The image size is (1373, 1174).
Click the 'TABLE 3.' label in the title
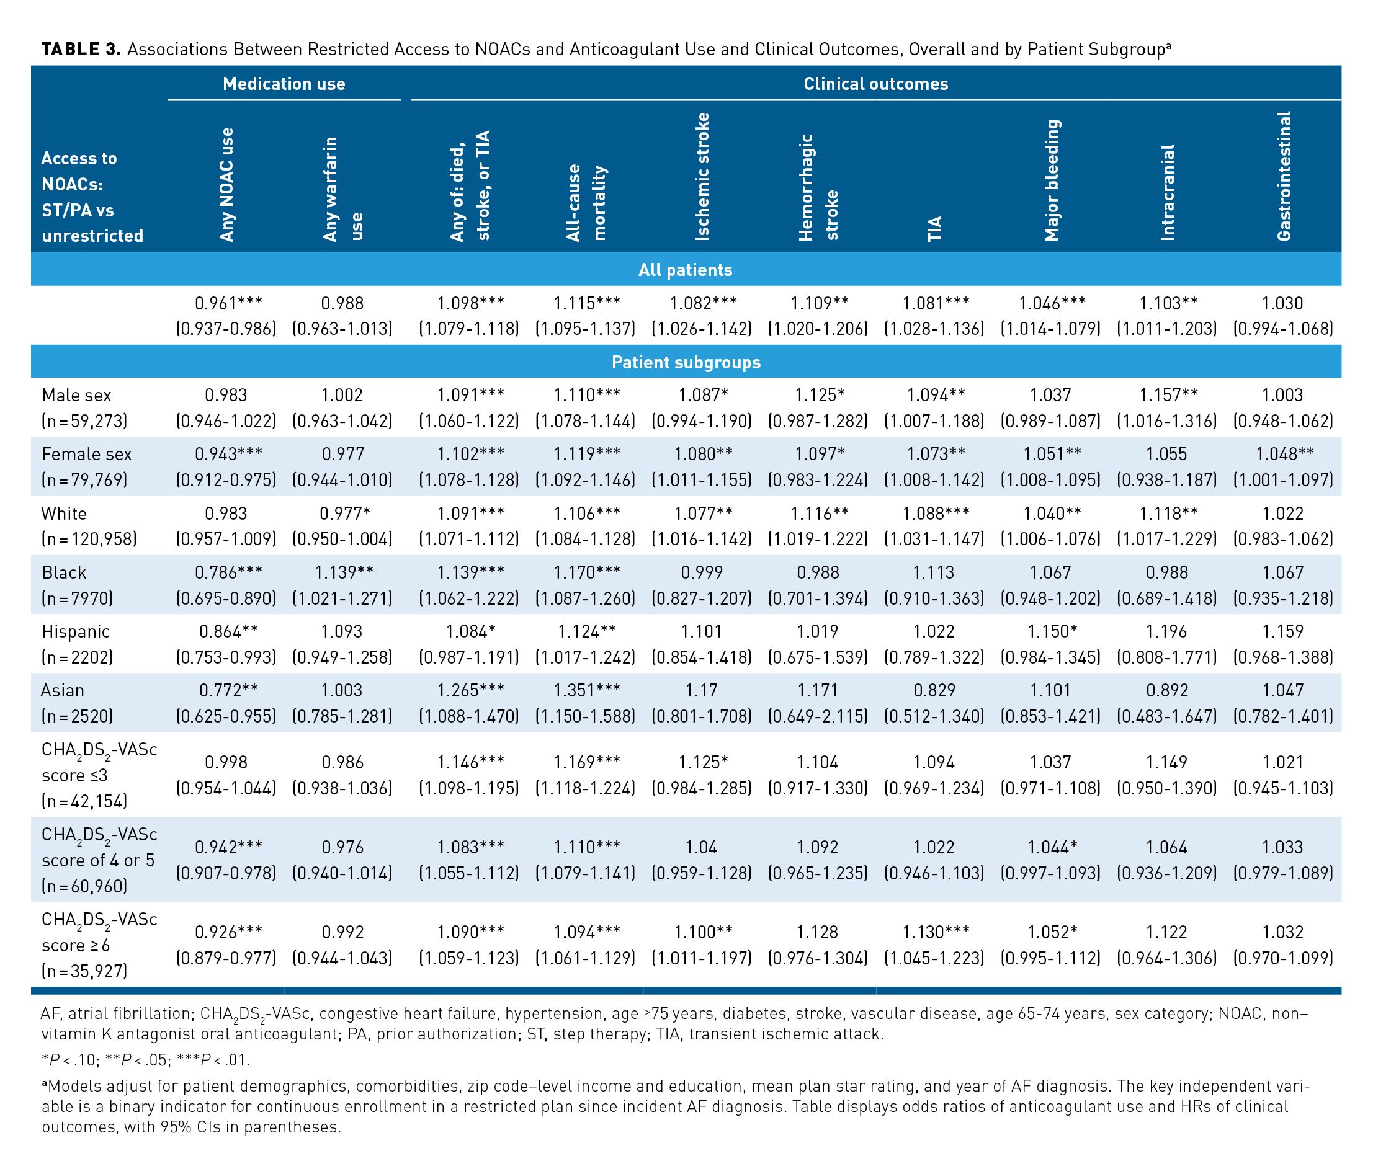click(81, 50)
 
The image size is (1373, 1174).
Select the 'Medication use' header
click(284, 84)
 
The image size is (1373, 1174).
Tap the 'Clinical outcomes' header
click(875, 84)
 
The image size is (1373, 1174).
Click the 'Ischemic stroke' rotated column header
click(702, 176)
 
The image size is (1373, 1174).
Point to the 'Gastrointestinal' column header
click(1284, 176)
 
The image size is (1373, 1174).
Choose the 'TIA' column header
click(934, 229)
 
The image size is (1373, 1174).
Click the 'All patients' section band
click(685, 270)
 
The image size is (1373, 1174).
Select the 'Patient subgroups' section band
click(685, 362)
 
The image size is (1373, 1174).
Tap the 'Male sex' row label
click(76, 396)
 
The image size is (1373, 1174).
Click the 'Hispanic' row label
click(76, 631)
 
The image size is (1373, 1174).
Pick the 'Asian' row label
click(63, 690)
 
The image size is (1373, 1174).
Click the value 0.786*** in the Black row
click(228, 572)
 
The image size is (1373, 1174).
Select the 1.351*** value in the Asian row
click(586, 690)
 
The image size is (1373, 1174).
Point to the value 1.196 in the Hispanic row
click(1166, 631)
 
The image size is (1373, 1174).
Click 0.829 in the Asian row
click(934, 690)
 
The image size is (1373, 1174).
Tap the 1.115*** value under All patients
click(586, 303)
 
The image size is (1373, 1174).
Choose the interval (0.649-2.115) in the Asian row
click(818, 716)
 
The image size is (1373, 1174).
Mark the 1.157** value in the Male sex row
click(1168, 396)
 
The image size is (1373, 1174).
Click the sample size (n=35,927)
click(84, 971)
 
